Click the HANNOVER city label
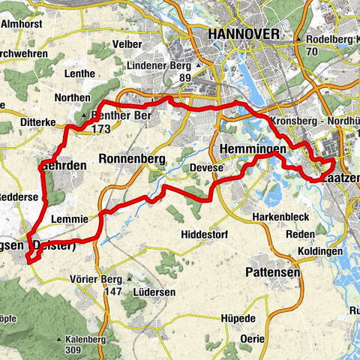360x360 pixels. coord(244,34)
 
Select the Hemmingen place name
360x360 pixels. coord(253,150)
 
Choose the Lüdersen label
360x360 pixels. coord(154,291)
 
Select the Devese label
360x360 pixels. coord(207,168)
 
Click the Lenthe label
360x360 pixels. coord(80,73)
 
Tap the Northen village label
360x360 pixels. coord(73,98)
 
